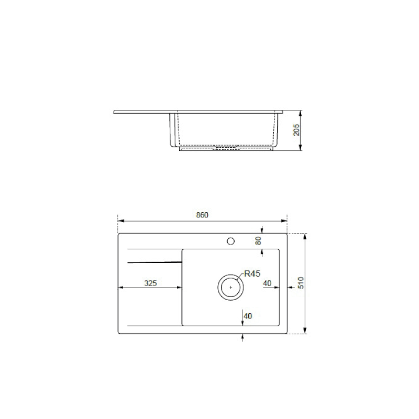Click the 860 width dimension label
tap(202, 215)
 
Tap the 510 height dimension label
tap(301, 283)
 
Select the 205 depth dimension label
tap(296, 130)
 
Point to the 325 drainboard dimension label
tap(150, 283)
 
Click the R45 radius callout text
tap(252, 273)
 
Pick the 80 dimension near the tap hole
tap(258, 241)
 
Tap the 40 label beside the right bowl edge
tap(267, 283)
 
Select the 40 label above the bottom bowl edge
tap(248, 316)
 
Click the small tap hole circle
tap(230, 241)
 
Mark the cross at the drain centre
tap(230, 288)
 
